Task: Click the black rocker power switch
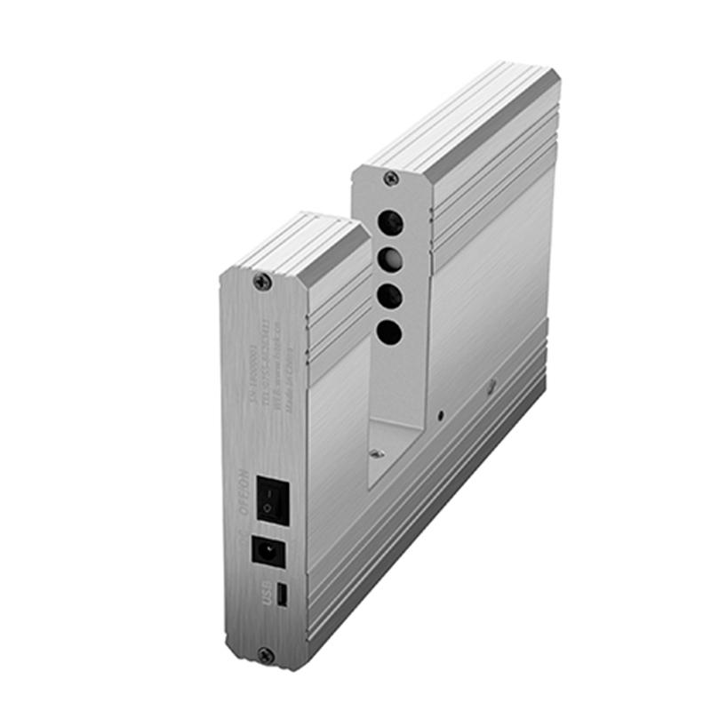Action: tap(270, 498)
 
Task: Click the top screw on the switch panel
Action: tap(261, 282)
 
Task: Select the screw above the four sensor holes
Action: tap(390, 179)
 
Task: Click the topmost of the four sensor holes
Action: tap(390, 222)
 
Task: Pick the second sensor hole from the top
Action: tap(389, 260)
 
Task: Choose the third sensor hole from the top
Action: tap(389, 296)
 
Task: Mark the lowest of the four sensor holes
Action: tap(388, 333)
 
